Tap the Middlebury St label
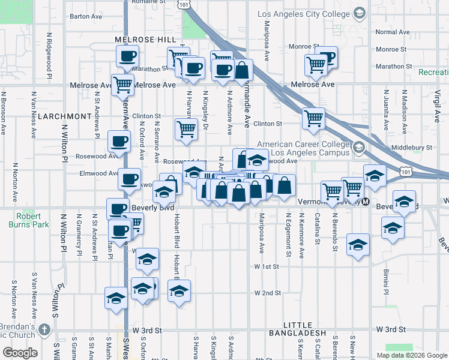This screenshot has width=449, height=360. (x=411, y=147)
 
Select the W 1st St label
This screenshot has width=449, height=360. (x=267, y=266)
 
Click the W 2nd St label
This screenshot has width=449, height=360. (x=268, y=293)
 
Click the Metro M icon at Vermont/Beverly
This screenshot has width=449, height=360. (x=364, y=202)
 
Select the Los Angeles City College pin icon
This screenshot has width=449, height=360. (x=359, y=13)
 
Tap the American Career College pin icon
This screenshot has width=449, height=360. (x=358, y=148)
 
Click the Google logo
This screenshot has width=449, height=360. (x=20, y=353)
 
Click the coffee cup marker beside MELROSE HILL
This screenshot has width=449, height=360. (x=127, y=57)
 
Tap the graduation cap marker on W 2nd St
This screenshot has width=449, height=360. (x=179, y=292)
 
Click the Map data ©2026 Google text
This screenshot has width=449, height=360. (x=411, y=355)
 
